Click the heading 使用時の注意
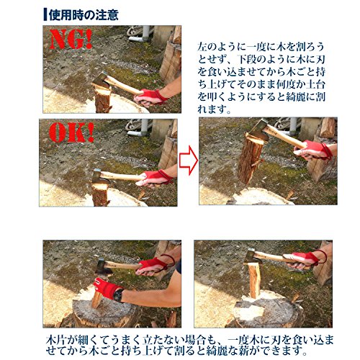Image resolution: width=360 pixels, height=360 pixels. coord(84,15)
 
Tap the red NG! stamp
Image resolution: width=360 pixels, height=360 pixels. coord(71,40)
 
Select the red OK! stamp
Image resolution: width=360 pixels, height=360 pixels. coord(71,132)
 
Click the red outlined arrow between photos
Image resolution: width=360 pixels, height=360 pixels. coord(189,160)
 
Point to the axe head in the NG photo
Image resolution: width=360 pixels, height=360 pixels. coord(101,81)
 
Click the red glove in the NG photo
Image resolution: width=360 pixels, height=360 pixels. coord(150,96)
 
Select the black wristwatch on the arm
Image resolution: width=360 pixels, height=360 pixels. coord(118,294)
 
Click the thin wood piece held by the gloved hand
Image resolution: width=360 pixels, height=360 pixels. coord(96,299)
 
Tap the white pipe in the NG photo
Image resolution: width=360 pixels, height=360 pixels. coord(141,35)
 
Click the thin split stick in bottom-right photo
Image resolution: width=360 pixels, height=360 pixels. coord(254,280)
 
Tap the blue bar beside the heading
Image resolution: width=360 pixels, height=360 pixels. coord(45,15)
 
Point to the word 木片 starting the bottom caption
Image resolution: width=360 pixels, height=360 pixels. coord(56,340)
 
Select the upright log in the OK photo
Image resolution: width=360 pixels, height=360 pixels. coord(99,194)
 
